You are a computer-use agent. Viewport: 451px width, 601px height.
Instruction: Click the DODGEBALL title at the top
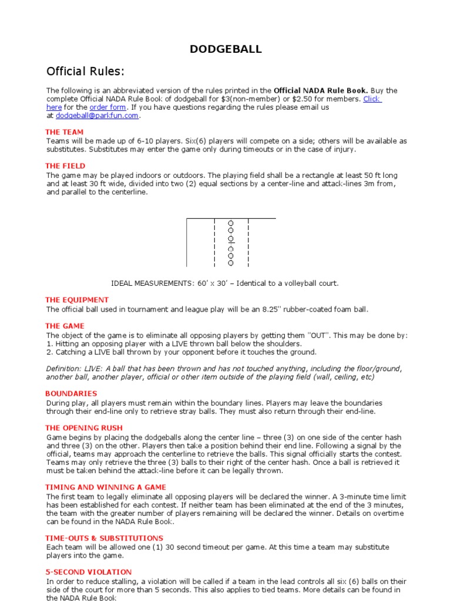tap(225, 49)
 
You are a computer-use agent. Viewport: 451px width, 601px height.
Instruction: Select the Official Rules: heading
tap(86, 72)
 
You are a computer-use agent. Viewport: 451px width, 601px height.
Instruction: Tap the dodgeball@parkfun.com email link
tap(97, 116)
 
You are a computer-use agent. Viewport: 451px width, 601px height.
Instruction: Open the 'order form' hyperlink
tap(107, 107)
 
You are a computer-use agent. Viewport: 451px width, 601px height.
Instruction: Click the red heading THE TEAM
tap(65, 132)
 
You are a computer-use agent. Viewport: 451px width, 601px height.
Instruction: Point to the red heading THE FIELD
tap(65, 166)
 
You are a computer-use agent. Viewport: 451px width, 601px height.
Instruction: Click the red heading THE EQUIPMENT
tap(77, 300)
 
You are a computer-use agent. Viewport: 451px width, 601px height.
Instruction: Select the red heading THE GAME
tap(65, 326)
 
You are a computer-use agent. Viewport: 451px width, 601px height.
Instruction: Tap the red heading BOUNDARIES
tap(71, 393)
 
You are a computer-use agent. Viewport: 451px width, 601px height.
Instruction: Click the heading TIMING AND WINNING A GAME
tap(106, 487)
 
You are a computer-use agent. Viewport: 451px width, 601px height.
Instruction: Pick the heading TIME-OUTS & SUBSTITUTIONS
tap(104, 538)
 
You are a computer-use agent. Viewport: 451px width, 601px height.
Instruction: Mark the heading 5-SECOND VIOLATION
tap(88, 572)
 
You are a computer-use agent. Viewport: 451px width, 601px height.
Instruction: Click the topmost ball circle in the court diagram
tap(231, 223)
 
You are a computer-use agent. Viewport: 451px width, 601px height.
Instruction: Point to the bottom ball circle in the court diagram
tap(231, 263)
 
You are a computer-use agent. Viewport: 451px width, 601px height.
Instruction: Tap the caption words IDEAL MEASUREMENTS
tap(150, 283)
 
